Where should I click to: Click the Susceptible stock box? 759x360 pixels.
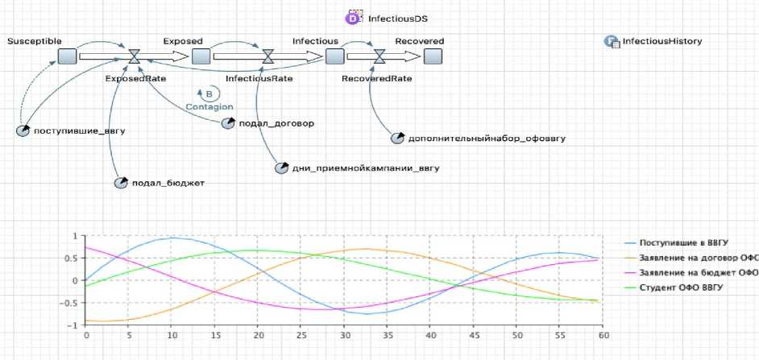(68, 56)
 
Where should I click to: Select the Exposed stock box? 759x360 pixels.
(201, 56)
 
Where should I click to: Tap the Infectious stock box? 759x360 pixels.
(334, 56)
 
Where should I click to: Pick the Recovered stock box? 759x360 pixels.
(433, 56)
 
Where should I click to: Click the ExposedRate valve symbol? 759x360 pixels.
(135, 56)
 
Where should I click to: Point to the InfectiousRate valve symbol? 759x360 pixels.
(268, 56)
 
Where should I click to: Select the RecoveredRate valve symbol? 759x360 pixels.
(379, 56)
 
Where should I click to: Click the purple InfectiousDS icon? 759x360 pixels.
(353, 18)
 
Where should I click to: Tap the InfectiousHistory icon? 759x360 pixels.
(611, 41)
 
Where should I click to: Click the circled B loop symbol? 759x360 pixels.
(208, 94)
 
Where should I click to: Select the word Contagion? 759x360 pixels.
(209, 107)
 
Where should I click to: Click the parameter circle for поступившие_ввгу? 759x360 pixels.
(23, 130)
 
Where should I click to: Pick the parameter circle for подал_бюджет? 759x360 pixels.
(121, 183)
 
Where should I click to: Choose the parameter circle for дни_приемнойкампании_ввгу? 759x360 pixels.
(281, 168)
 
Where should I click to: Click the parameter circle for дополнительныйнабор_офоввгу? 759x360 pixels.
(397, 138)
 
